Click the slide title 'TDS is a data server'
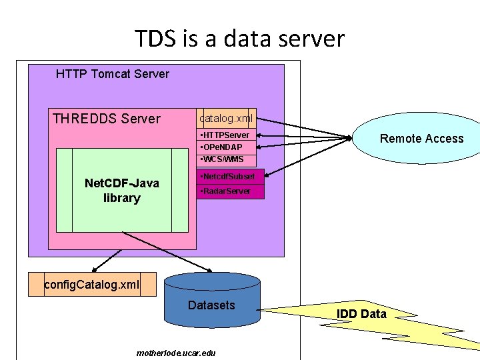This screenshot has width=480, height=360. pyautogui.click(x=239, y=39)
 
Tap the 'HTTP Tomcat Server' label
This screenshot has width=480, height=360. pyautogui.click(x=113, y=74)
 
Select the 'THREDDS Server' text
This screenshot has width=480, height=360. pyautogui.click(x=107, y=119)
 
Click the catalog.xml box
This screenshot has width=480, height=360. pyautogui.click(x=226, y=118)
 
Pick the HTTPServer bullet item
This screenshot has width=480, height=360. pyautogui.click(x=226, y=135)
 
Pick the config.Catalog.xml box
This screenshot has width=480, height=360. pyautogui.click(x=92, y=285)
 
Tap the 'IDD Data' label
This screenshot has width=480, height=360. pyautogui.click(x=361, y=314)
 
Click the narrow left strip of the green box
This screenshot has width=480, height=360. pyautogui.click(x=64, y=190)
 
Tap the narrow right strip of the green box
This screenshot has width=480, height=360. pyautogui.click(x=180, y=190)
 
